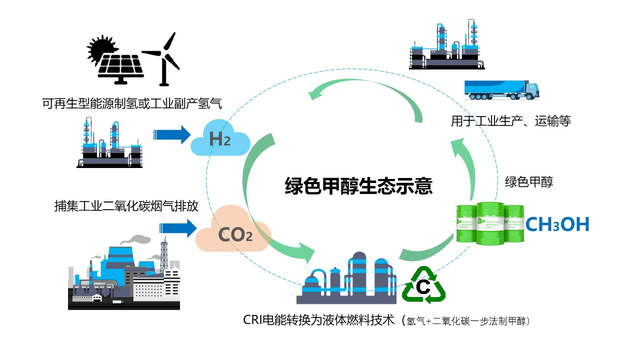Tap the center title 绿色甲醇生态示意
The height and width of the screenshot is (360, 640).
356,184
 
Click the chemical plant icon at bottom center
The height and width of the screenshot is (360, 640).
349,278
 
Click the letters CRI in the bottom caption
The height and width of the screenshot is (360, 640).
256,321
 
